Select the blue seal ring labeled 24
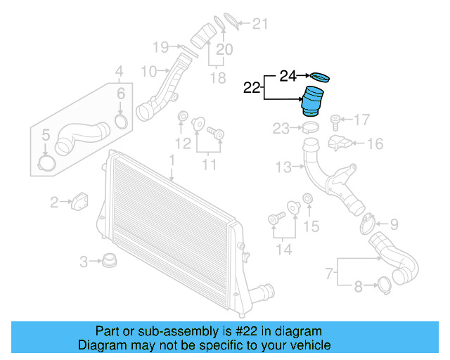pyautogui.click(x=320, y=77)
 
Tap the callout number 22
pyautogui.click(x=252, y=88)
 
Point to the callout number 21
pyautogui.click(x=260, y=25)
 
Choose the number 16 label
pyautogui.click(x=375, y=144)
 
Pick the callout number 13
pyautogui.click(x=283, y=167)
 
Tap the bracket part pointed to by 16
pyautogui.click(x=340, y=143)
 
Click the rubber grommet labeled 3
pyautogui.click(x=109, y=262)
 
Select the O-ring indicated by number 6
pyautogui.click(x=121, y=122)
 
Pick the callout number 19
pyautogui.click(x=161, y=47)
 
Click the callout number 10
pyautogui.click(x=148, y=71)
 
